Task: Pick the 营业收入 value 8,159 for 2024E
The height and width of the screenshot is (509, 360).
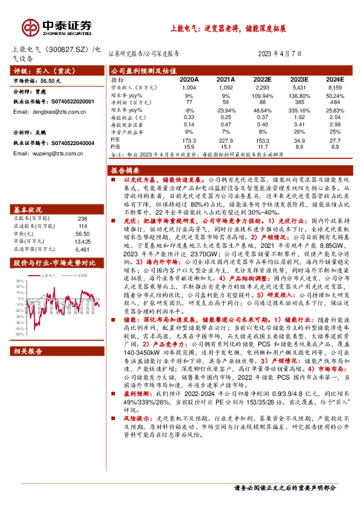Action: pos(335,88)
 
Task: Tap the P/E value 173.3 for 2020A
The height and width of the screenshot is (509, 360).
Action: pos(189,140)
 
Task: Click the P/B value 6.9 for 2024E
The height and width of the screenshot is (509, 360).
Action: pos(335,146)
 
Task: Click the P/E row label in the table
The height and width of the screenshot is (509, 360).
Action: pos(116,140)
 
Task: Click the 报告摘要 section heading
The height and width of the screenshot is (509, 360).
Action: pos(126,170)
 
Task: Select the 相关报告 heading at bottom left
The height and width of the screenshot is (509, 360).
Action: pos(28,368)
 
